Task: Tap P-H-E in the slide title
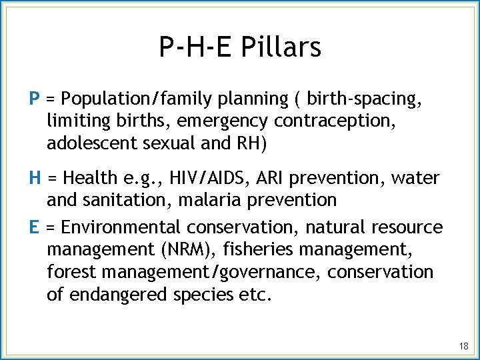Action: pyautogui.click(x=194, y=47)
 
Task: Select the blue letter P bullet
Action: pyautogui.click(x=35, y=99)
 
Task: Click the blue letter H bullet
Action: pyautogui.click(x=35, y=178)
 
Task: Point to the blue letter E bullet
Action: pyautogui.click(x=34, y=227)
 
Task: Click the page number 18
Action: pyautogui.click(x=464, y=346)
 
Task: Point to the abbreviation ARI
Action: pyautogui.click(x=267, y=179)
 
